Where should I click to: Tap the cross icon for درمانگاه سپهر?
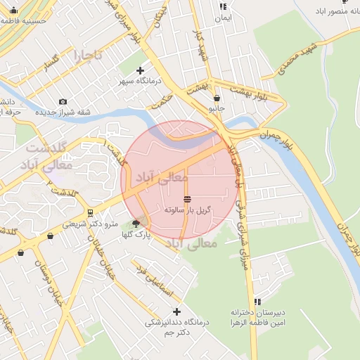140,70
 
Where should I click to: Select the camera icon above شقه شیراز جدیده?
63,102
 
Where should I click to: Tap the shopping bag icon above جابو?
217,98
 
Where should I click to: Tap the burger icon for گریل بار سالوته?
187,199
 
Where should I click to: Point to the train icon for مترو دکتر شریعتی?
91,212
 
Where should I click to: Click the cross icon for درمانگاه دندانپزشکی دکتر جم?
176,311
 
